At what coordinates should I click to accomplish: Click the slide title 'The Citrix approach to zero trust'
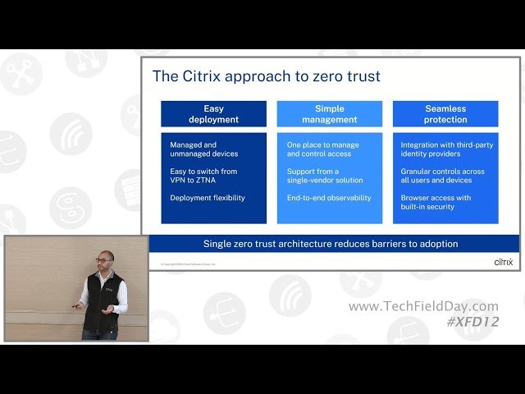tap(266, 76)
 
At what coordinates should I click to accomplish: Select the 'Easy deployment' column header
tap(213, 113)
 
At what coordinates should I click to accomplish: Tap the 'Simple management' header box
tap(329, 113)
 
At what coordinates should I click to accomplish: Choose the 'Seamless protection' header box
tap(445, 113)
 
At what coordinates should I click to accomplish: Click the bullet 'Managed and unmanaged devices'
tap(204, 149)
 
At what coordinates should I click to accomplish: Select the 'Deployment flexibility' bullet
tap(208, 198)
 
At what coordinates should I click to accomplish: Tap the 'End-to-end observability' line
tap(329, 198)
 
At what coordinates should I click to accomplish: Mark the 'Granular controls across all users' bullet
tap(443, 176)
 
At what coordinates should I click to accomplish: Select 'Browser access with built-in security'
tap(436, 202)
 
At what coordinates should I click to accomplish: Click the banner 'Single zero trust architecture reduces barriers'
tap(331, 244)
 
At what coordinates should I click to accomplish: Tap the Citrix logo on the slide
tap(503, 263)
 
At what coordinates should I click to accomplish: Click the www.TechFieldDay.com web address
tap(423, 306)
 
